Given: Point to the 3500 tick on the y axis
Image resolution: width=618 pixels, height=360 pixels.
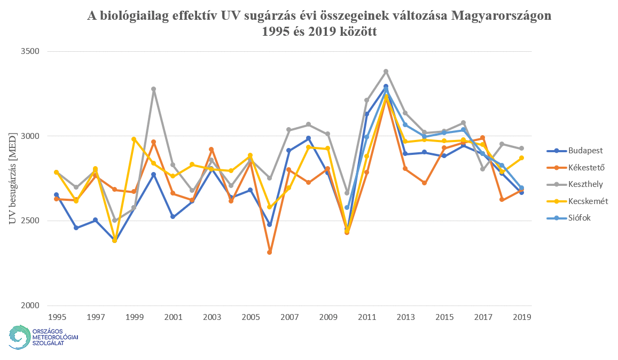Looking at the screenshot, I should pos(30,51).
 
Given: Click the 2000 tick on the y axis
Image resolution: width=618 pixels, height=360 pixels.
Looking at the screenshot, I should pos(30,306).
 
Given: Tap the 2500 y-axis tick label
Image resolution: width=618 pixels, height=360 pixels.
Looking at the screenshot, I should pos(30,221).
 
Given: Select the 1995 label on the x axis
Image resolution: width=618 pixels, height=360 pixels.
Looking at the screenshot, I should pos(57,317).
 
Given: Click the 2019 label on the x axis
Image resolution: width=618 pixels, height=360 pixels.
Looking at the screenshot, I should pos(521,317).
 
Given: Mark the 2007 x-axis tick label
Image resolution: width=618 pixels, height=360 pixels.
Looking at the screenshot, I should pos(289,317).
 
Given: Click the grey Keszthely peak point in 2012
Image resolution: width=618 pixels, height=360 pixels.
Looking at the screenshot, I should pos(386,71).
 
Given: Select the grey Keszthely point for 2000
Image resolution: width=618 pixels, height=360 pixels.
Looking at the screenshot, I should pos(153,89).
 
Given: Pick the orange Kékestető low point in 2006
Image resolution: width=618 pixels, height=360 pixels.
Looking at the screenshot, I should pos(270,252).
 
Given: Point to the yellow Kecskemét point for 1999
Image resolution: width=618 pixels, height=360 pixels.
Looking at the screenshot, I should pos(134,139).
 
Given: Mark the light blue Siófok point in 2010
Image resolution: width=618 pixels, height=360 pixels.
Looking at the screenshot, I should pos(347,207).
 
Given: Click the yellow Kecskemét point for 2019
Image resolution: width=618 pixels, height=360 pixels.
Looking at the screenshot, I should pos(521,158).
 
